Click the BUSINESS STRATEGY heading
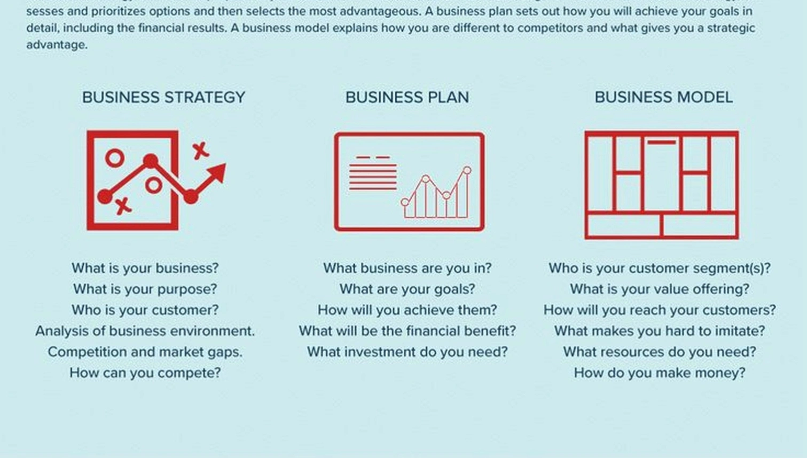[163, 97]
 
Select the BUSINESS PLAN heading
[407, 97]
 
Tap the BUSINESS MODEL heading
[663, 97]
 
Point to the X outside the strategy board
[200, 151]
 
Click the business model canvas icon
[661, 185]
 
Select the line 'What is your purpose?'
[145, 289]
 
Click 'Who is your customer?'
[145, 310]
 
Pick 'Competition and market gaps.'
[145, 352]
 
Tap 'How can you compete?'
[145, 373]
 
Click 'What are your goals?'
[407, 289]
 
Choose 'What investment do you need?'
[407, 352]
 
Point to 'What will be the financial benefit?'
[407, 331]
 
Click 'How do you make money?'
[660, 373]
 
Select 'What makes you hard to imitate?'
[660, 331]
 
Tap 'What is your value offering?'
[660, 289]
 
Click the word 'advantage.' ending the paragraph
[57, 45]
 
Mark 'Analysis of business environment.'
[145, 331]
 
